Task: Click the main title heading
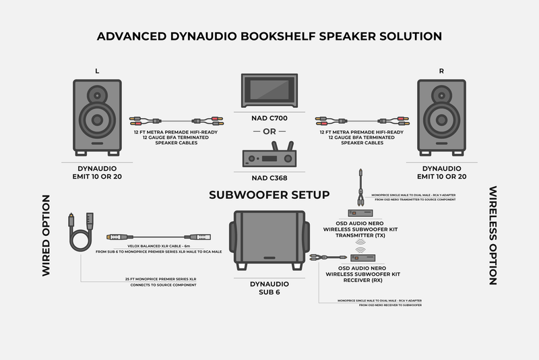click(x=269, y=36)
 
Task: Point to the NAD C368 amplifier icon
click(x=269, y=157)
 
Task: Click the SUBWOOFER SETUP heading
click(x=269, y=195)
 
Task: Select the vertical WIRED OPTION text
click(x=46, y=235)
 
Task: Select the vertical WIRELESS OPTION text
click(x=493, y=235)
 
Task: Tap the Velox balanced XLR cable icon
click(x=158, y=237)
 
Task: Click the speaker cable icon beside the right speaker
click(x=361, y=122)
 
